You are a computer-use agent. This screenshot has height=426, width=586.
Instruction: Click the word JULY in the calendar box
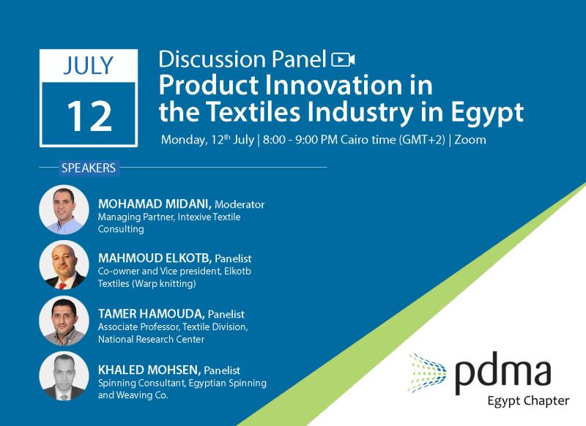(x=88, y=66)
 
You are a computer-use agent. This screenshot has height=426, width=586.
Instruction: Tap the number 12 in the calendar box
(x=89, y=116)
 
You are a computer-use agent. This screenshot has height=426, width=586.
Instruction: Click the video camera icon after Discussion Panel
(x=343, y=60)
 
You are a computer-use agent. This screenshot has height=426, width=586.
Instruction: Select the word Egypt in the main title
(x=487, y=113)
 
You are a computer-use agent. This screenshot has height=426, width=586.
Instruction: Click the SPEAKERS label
(x=89, y=168)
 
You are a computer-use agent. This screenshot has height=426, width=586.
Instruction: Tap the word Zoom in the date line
(x=470, y=140)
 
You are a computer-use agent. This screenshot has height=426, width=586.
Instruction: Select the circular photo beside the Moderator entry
(x=64, y=209)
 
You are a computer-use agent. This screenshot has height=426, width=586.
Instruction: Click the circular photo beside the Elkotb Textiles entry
(x=64, y=265)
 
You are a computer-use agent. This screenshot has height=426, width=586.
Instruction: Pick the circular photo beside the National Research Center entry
(x=64, y=321)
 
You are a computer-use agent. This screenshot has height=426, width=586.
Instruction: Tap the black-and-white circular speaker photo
(x=64, y=376)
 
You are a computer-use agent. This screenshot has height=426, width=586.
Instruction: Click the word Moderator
(x=240, y=205)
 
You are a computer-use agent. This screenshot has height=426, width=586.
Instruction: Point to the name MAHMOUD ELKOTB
(x=155, y=258)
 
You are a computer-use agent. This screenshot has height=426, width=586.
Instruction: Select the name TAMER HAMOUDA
(x=151, y=313)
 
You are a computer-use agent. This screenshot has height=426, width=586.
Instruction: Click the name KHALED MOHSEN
(x=149, y=370)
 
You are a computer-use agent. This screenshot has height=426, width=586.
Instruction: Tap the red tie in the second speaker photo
(x=62, y=286)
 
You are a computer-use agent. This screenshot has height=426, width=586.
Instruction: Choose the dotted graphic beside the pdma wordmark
(x=427, y=373)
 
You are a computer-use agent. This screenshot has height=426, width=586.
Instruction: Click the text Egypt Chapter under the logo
(x=528, y=401)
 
